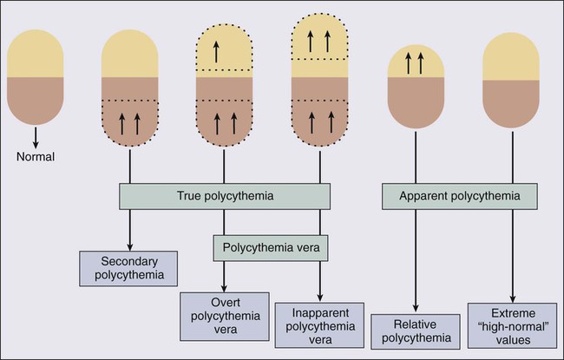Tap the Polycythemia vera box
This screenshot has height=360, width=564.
(269, 248)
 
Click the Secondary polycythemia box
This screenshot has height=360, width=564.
(129, 270)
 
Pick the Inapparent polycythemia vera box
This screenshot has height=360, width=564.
(320, 320)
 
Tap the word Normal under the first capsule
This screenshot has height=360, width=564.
(36, 158)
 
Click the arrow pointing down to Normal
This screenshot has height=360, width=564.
(36, 139)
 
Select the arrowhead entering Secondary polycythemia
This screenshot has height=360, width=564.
(129, 247)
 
